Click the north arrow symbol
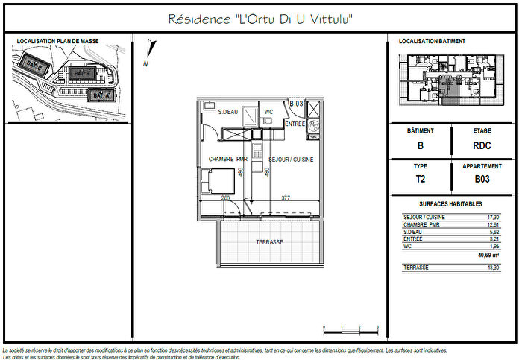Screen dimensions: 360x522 pyautogui.click(x=151, y=52)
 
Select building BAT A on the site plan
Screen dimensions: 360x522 pyautogui.click(x=99, y=95)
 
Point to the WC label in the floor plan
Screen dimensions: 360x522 pyautogui.click(x=268, y=112)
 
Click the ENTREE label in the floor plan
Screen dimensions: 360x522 pyautogui.click(x=295, y=124)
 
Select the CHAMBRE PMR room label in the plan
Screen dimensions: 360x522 pyautogui.click(x=227, y=159)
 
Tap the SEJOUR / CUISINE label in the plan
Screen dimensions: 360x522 pyautogui.click(x=291, y=159)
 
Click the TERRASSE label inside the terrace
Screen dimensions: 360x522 pyautogui.click(x=269, y=242)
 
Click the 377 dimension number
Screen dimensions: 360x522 pyautogui.click(x=286, y=198)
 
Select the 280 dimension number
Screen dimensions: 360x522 pyautogui.click(x=225, y=198)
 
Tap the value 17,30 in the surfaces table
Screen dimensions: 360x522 pyautogui.click(x=492, y=217)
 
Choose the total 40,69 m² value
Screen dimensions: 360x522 pyautogui.click(x=488, y=255)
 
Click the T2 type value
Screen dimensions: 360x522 pyautogui.click(x=421, y=180)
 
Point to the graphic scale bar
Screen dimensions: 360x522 pyautogui.click(x=351, y=328)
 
